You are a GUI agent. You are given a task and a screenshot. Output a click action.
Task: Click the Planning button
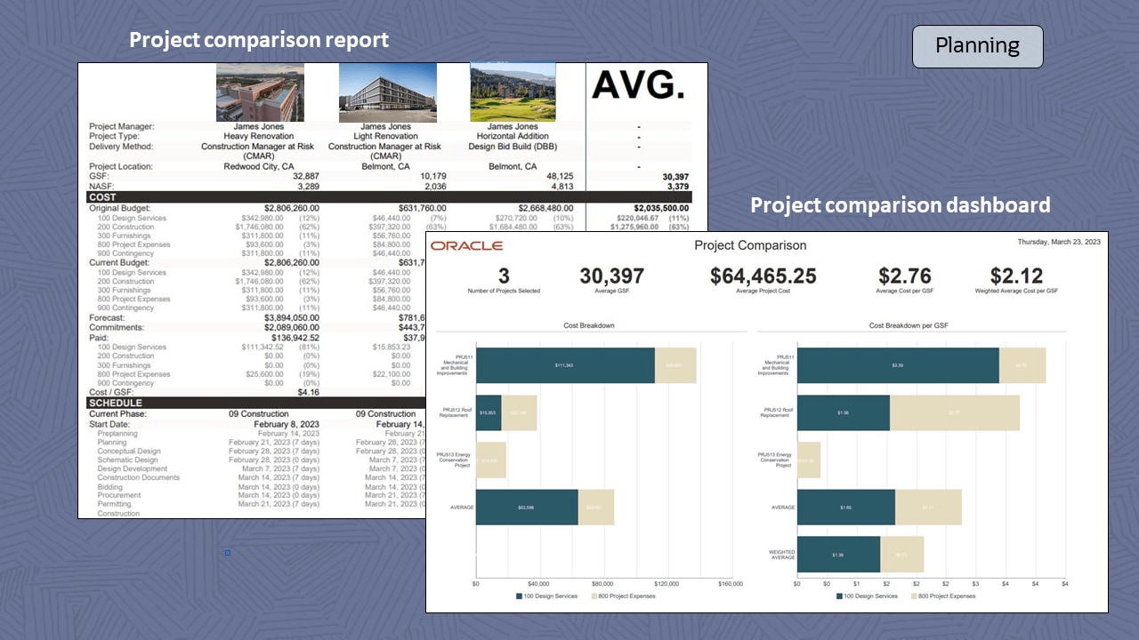pyautogui.click(x=977, y=46)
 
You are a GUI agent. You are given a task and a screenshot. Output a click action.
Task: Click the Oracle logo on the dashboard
pyautogui.click(x=466, y=245)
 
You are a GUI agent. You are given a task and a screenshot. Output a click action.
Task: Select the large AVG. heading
pyautogui.click(x=639, y=85)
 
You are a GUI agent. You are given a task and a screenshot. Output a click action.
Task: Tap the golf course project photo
pyautogui.click(x=513, y=92)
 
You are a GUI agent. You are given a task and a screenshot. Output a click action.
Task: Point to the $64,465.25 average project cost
pyautogui.click(x=763, y=276)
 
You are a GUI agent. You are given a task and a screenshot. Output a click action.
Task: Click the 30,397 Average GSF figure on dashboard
pyautogui.click(x=610, y=276)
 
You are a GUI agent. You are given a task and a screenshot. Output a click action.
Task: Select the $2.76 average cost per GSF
pyautogui.click(x=904, y=276)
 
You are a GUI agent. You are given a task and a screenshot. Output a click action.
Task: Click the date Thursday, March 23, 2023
pyautogui.click(x=1059, y=242)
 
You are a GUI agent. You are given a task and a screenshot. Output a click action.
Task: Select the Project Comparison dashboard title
pyautogui.click(x=750, y=245)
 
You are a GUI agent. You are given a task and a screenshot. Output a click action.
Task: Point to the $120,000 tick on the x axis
pyautogui.click(x=666, y=584)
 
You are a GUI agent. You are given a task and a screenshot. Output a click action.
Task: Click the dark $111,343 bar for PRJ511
pyautogui.click(x=565, y=365)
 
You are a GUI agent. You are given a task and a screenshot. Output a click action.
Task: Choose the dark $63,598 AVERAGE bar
pyautogui.click(x=527, y=508)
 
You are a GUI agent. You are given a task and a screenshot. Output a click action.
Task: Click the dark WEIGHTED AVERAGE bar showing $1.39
pyautogui.click(x=838, y=555)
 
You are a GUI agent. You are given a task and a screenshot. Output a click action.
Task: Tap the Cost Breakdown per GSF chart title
pyautogui.click(x=909, y=326)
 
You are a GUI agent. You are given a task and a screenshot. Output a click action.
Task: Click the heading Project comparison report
pyautogui.click(x=259, y=40)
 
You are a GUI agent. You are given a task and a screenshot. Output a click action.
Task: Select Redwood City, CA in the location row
pyautogui.click(x=259, y=166)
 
